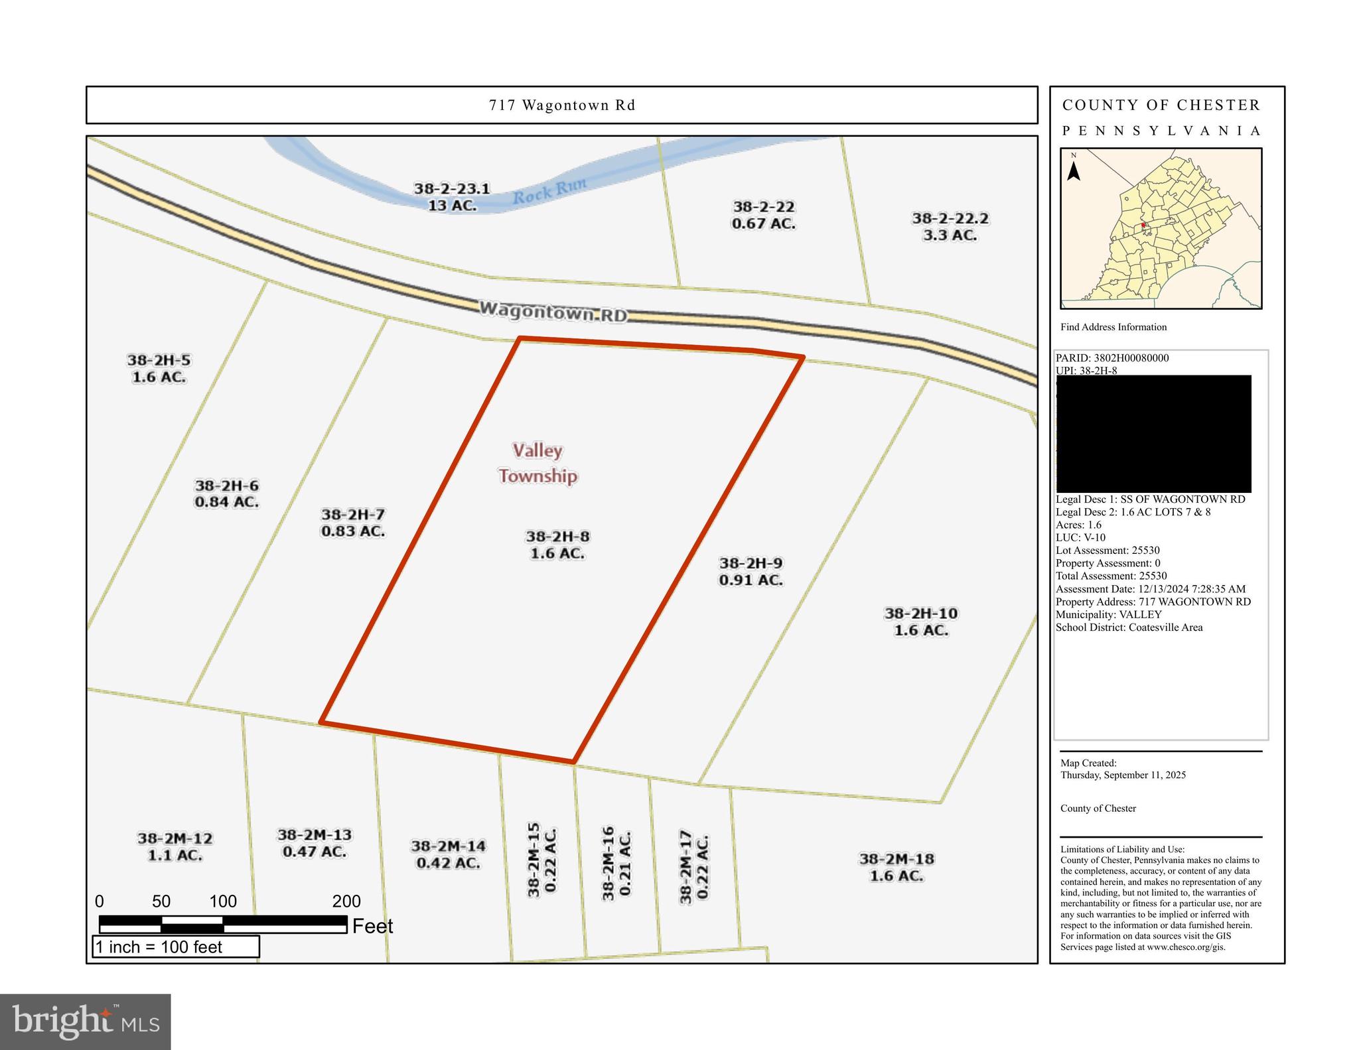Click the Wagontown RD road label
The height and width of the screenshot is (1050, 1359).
point(553,311)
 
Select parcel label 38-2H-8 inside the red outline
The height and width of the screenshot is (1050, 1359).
point(557,545)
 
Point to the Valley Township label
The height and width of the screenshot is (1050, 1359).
point(537,463)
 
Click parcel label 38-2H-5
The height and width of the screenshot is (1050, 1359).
point(159,368)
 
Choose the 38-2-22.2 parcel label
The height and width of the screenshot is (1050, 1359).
point(950,226)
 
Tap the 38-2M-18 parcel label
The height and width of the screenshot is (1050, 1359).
point(896,867)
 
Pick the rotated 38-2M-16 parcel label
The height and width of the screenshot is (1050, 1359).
point(616,862)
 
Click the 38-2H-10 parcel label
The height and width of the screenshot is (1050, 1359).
point(921,622)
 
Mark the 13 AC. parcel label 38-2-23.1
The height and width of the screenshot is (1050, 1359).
point(452,196)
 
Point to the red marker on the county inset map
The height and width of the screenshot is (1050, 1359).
point(1143,226)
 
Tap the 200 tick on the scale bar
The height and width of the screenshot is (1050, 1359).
point(346,901)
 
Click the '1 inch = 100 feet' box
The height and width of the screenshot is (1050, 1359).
point(175,947)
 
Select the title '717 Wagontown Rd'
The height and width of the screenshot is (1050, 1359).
point(562,105)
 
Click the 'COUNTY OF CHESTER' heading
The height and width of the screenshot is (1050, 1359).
point(1161,105)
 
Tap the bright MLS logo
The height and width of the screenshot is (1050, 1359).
point(86,1021)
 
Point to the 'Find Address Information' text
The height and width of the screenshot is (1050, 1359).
point(1113,327)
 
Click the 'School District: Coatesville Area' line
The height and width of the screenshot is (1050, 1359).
point(1129,627)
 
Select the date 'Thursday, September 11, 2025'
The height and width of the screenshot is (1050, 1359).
point(1123,775)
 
